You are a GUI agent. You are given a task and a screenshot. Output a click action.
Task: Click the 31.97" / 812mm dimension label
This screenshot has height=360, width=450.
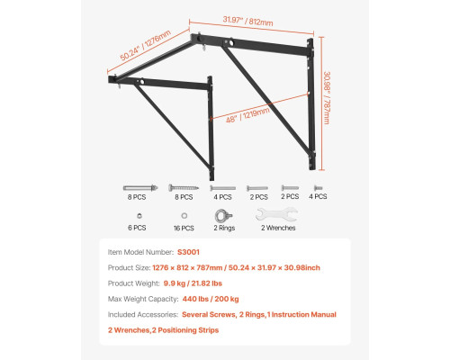click(x=247, y=21)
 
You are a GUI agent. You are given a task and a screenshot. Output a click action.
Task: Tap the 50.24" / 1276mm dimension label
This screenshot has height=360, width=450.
click(x=146, y=45)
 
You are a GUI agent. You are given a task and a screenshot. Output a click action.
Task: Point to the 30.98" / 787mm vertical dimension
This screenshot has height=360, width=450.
click(x=327, y=98)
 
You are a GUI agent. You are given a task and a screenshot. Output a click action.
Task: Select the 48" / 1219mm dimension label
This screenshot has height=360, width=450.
click(x=247, y=115)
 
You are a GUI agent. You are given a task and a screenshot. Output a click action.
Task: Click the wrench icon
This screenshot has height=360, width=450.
click(x=276, y=215)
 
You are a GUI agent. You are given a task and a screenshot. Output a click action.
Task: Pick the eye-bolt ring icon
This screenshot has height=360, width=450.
click(x=224, y=216)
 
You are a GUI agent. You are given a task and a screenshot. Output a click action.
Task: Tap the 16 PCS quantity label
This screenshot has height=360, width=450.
click(x=184, y=229)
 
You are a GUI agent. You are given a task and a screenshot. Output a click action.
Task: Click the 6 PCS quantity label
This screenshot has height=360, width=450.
click(x=137, y=228)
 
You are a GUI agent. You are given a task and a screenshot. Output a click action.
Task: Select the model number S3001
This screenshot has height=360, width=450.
click(x=188, y=252)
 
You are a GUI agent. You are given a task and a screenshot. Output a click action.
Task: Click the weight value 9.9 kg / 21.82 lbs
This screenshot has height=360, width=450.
click(x=193, y=283)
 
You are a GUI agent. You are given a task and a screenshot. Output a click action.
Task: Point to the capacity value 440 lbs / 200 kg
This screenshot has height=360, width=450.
click(x=211, y=299)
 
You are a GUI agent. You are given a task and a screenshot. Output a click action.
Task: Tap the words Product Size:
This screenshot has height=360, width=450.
click(x=129, y=267)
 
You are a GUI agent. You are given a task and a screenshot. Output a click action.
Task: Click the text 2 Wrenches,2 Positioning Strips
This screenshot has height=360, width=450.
click(x=164, y=330)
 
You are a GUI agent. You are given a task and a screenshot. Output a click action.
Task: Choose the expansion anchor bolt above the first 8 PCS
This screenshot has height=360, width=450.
click(x=140, y=188)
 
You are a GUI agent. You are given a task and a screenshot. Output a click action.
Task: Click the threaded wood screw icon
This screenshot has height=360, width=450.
click(x=184, y=188)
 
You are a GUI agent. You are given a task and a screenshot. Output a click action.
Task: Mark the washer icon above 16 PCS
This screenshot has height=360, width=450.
click(x=184, y=216)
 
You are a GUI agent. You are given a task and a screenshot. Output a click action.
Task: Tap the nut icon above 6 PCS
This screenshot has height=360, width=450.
click(x=139, y=216)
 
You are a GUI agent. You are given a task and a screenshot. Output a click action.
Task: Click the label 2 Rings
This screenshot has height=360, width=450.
click(x=224, y=228)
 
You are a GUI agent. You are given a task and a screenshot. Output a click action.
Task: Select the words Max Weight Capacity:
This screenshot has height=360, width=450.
click(x=143, y=299)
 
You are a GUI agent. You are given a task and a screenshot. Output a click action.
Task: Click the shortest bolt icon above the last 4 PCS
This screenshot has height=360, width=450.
click(x=318, y=188)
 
